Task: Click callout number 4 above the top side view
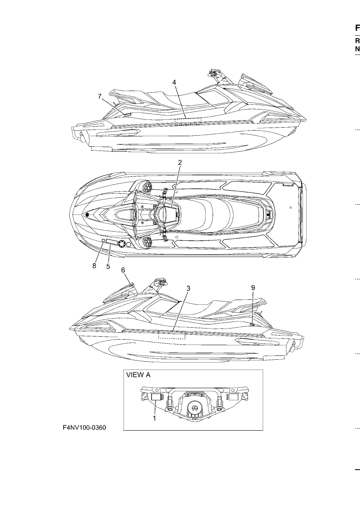pos(174,82)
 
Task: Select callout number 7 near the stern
pos(100,96)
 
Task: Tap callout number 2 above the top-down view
pos(180,162)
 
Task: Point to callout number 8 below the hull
pos(94,266)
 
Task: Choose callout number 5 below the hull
pos(108,266)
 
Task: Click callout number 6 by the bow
pos(123,270)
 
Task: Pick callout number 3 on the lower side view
pos(188,288)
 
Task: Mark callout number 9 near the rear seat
pos(253,288)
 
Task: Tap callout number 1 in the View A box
pos(154,418)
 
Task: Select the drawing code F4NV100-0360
pos(85,428)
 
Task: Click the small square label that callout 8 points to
pos(103,240)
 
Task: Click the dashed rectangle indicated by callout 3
pos(172,335)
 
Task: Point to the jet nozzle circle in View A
pos(194,407)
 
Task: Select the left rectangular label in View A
pos(156,397)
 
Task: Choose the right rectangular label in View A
pos(233,397)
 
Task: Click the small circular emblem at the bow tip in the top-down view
pos(87,215)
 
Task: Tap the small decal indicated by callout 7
pos(128,115)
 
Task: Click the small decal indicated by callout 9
pos(252,324)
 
